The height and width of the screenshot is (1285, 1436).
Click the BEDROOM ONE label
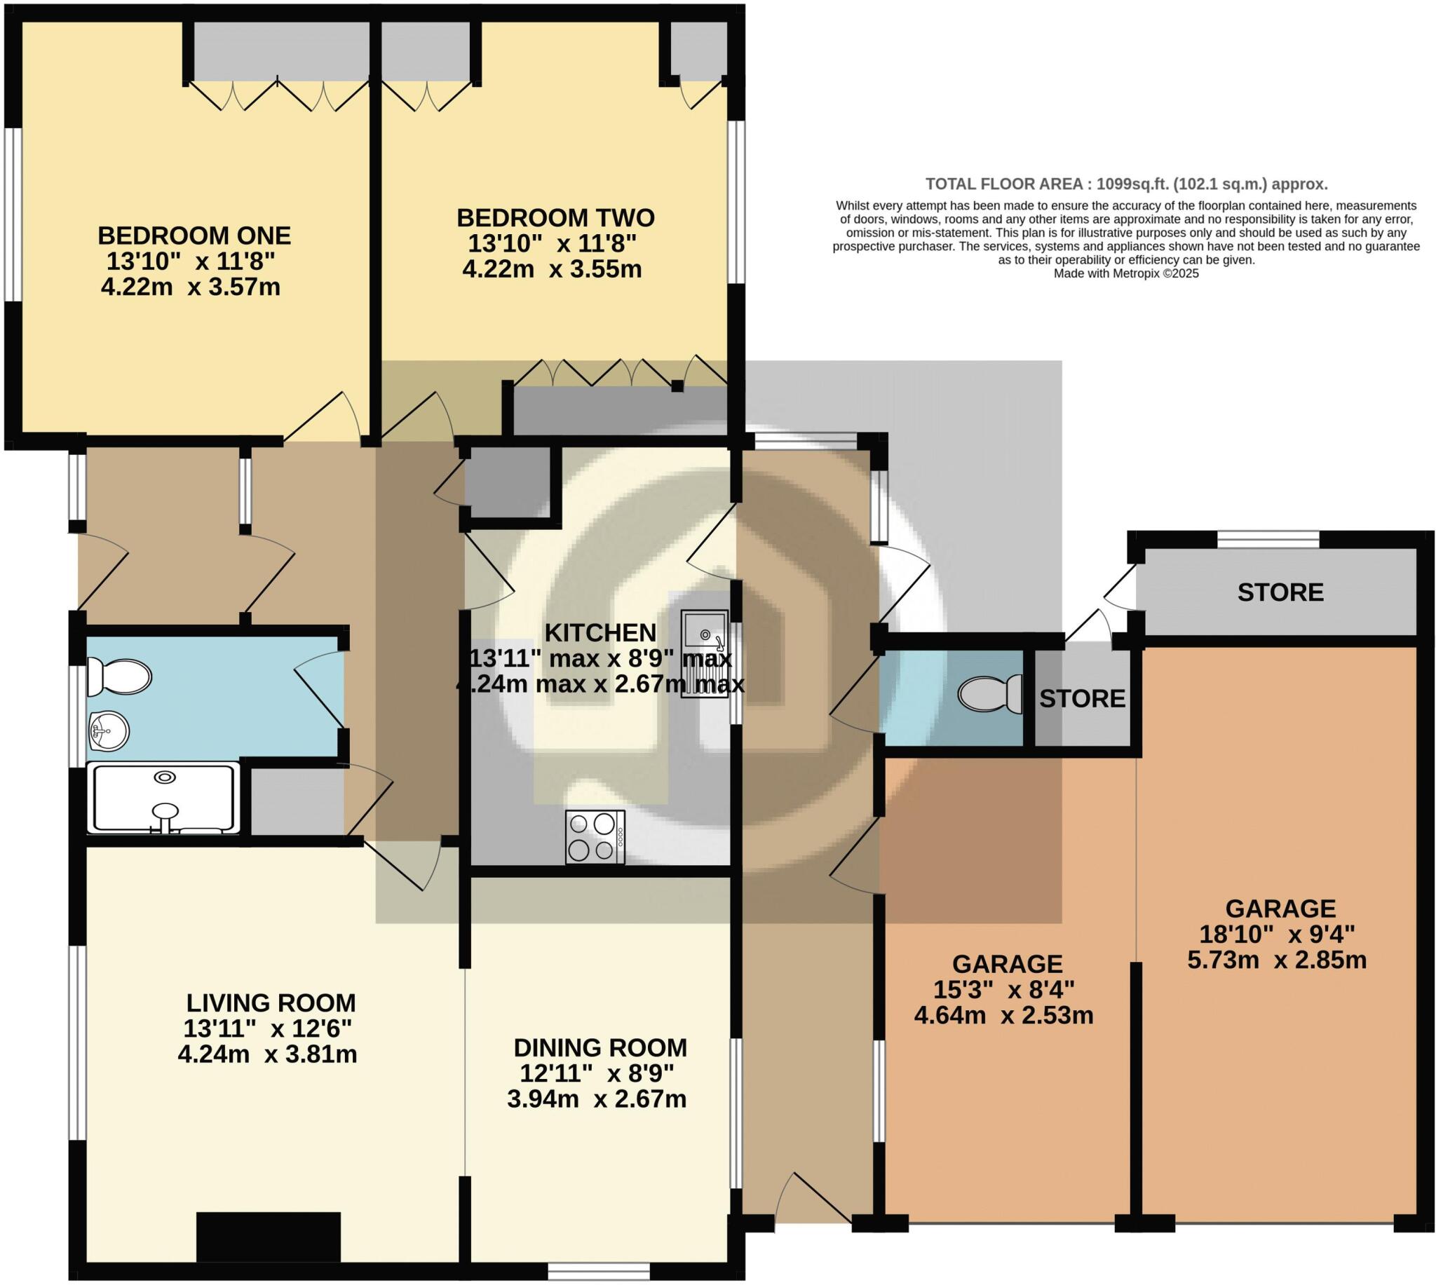[x=194, y=235]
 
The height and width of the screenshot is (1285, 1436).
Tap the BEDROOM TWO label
[x=555, y=217]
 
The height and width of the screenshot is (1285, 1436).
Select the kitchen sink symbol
[x=704, y=653]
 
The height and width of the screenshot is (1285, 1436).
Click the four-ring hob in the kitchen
[x=595, y=836]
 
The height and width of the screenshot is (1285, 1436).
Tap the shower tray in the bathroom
[x=164, y=798]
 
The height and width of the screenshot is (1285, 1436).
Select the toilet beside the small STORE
[x=991, y=693]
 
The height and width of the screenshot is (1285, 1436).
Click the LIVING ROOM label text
[x=271, y=1002]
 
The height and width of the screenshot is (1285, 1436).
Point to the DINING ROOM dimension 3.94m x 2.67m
[x=597, y=1099]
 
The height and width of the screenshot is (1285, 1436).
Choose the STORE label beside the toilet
[x=1082, y=699]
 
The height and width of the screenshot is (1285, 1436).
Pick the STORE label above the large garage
[x=1280, y=592]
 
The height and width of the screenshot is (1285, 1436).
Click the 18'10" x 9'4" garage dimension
[x=1277, y=934]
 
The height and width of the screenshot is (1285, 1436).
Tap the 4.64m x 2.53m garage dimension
[x=1003, y=1016]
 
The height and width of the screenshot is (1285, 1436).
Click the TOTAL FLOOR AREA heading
[x=1126, y=184]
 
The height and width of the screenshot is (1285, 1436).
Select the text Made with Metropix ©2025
[x=1126, y=273]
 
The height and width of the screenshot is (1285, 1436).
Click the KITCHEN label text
[x=600, y=632]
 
